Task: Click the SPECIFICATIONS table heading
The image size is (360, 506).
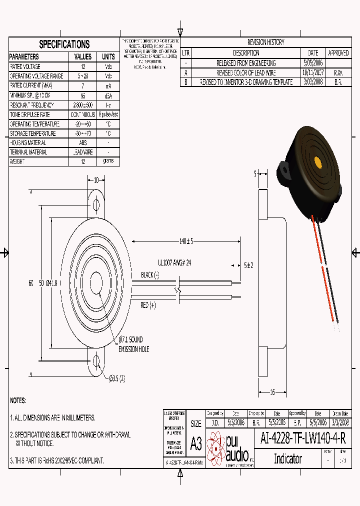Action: (64, 44)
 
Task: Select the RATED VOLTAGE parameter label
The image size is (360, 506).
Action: (25, 66)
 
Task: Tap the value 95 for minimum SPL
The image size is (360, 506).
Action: (83, 95)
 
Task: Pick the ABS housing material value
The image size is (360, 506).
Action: (83, 142)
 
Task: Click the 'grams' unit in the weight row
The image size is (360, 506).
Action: (108, 161)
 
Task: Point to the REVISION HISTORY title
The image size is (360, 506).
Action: (265, 42)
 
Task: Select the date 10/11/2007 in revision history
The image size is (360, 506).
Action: (313, 72)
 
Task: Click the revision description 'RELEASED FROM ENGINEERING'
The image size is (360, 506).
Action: (246, 63)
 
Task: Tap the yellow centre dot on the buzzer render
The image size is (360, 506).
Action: (317, 162)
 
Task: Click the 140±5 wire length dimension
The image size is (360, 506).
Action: (186, 241)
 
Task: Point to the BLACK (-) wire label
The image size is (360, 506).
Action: (149, 275)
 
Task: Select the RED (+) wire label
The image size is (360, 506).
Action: (148, 304)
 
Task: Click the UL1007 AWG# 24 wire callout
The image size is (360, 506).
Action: (174, 261)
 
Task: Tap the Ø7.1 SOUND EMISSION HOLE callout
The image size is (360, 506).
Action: (133, 344)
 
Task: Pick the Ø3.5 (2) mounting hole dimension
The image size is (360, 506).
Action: (117, 378)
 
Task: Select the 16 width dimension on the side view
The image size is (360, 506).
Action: (272, 392)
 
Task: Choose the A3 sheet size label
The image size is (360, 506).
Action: (196, 443)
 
